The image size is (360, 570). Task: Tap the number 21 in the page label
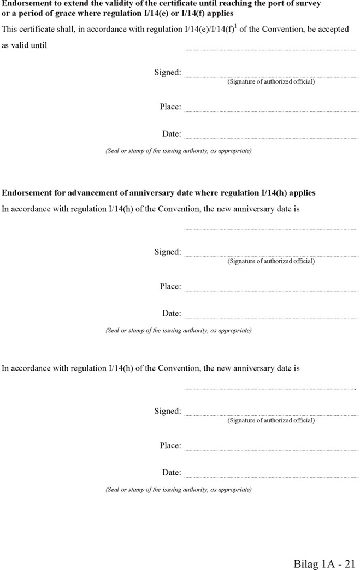point(350,563)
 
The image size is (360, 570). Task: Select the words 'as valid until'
point(25,45)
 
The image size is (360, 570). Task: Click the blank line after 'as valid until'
point(270,49)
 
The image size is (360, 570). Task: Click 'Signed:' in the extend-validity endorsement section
point(167,72)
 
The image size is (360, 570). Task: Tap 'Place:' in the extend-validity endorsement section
point(170,107)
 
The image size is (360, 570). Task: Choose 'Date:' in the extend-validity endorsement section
point(172,133)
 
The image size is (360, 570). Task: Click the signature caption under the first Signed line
point(271,82)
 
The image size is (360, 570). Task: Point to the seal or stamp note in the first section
point(179,151)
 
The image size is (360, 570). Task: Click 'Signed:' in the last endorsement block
point(167,411)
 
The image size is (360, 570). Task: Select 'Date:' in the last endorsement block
point(172,472)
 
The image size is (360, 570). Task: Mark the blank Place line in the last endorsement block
point(270,449)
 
